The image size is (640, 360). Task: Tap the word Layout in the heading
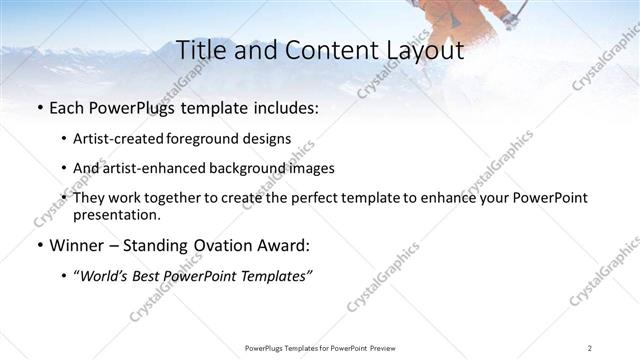[423, 49]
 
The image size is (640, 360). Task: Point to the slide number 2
[590, 347]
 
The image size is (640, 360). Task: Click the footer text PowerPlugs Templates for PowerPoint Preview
[320, 347]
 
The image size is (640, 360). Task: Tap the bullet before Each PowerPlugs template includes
[39, 107]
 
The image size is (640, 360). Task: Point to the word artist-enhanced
[151, 168]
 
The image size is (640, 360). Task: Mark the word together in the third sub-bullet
[179, 198]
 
